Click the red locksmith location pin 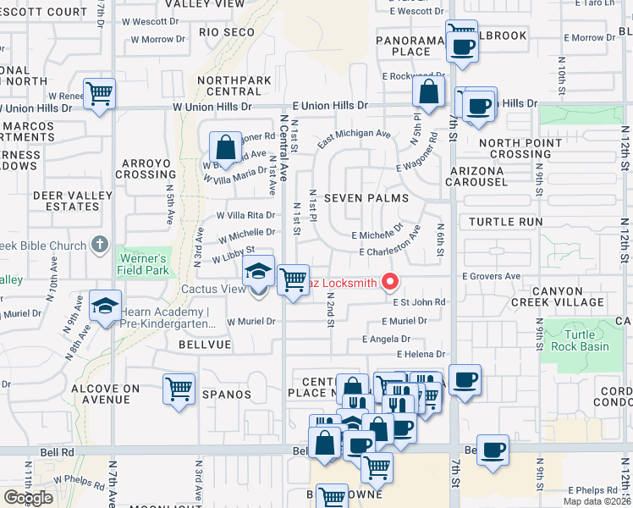click(390, 282)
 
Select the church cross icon click(99, 246)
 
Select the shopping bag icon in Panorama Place click(430, 92)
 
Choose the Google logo click(28, 498)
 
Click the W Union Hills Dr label click(212, 107)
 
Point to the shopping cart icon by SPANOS click(179, 389)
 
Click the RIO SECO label click(227, 32)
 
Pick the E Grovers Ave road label click(491, 276)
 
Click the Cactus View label click(212, 289)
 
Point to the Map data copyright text click(596, 501)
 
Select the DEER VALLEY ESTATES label click(66, 201)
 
